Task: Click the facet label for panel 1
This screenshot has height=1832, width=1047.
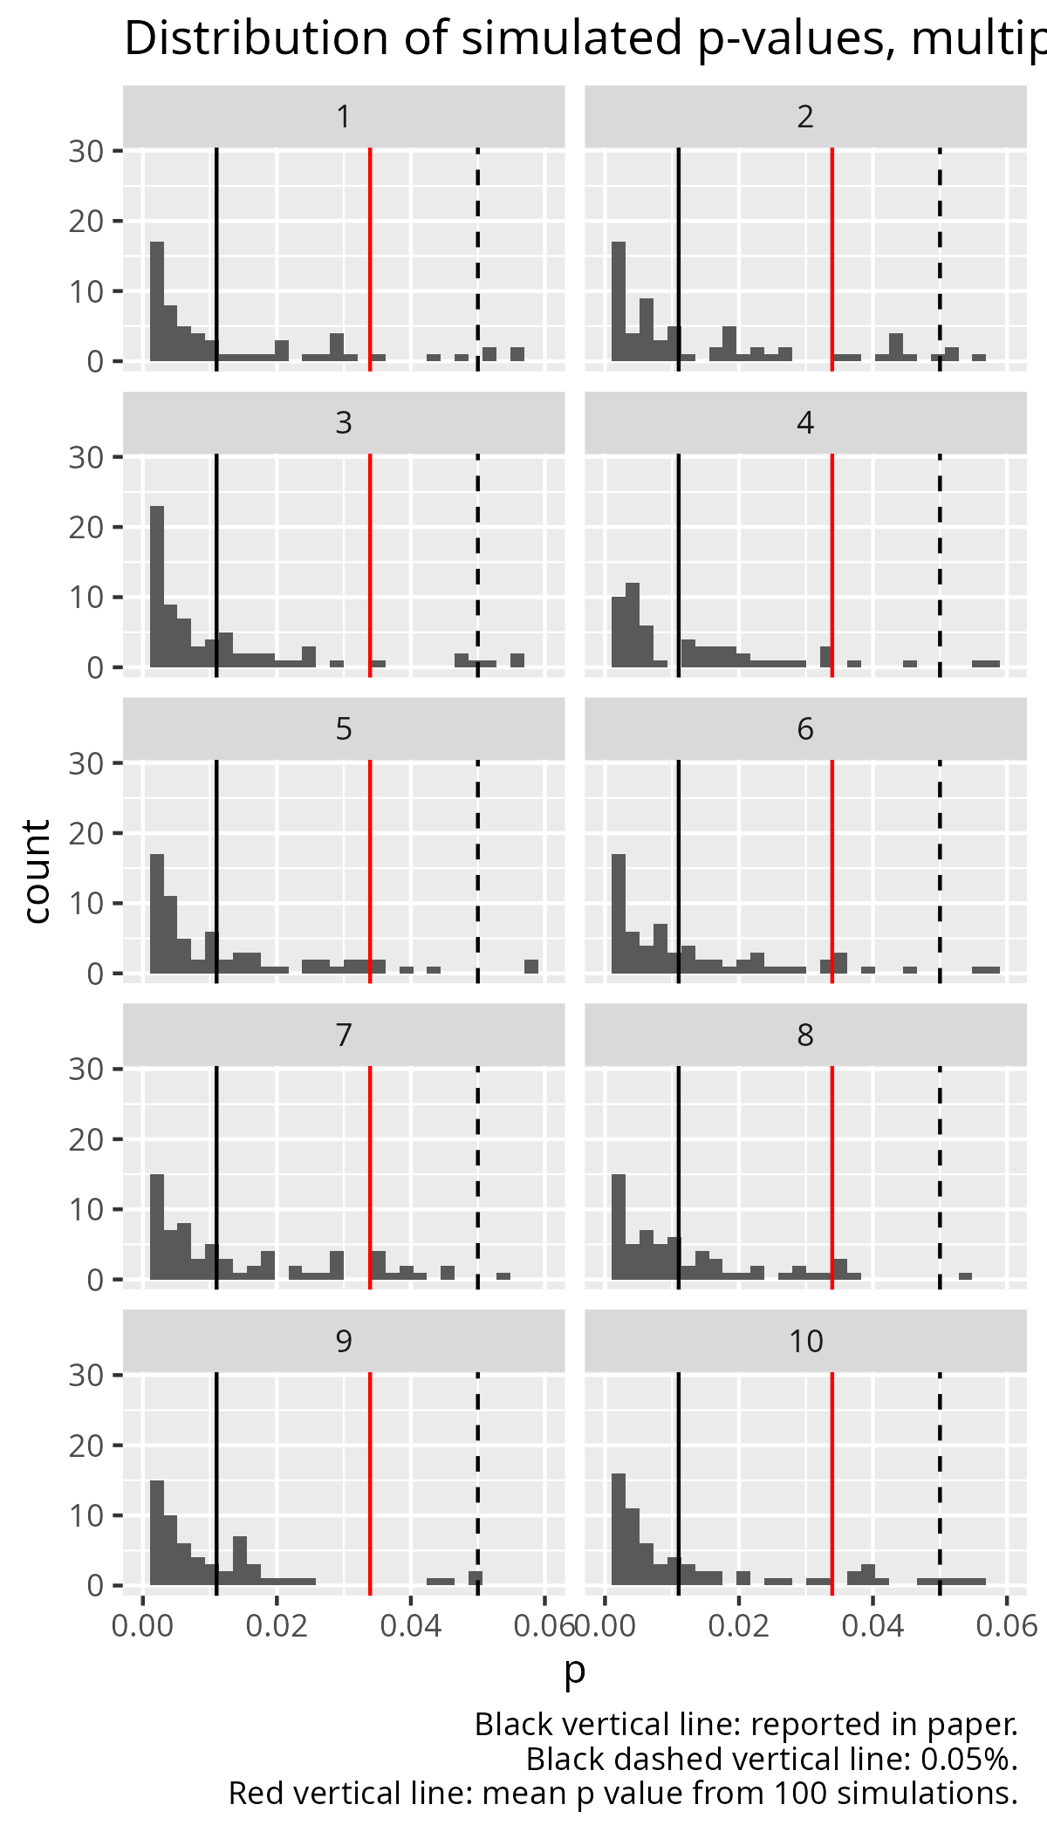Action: [344, 117]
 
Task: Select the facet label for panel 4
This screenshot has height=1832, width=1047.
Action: [805, 423]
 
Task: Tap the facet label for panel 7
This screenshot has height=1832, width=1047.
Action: [344, 1036]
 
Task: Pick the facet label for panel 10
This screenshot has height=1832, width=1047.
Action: [805, 1342]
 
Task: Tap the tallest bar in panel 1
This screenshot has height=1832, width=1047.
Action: [157, 301]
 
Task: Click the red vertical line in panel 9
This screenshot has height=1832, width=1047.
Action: [370, 1483]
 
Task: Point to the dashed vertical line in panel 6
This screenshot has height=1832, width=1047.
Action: [940, 872]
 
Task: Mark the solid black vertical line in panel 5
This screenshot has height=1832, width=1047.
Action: [216, 872]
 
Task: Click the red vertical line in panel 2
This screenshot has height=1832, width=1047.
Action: [831, 262]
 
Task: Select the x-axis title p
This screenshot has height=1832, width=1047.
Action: [574, 1670]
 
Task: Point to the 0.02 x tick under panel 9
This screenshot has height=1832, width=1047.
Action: [277, 1628]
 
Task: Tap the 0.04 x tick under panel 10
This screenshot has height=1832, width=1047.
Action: [872, 1628]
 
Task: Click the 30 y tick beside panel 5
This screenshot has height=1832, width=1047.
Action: [86, 763]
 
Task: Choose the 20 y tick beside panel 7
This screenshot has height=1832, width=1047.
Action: [86, 1139]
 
